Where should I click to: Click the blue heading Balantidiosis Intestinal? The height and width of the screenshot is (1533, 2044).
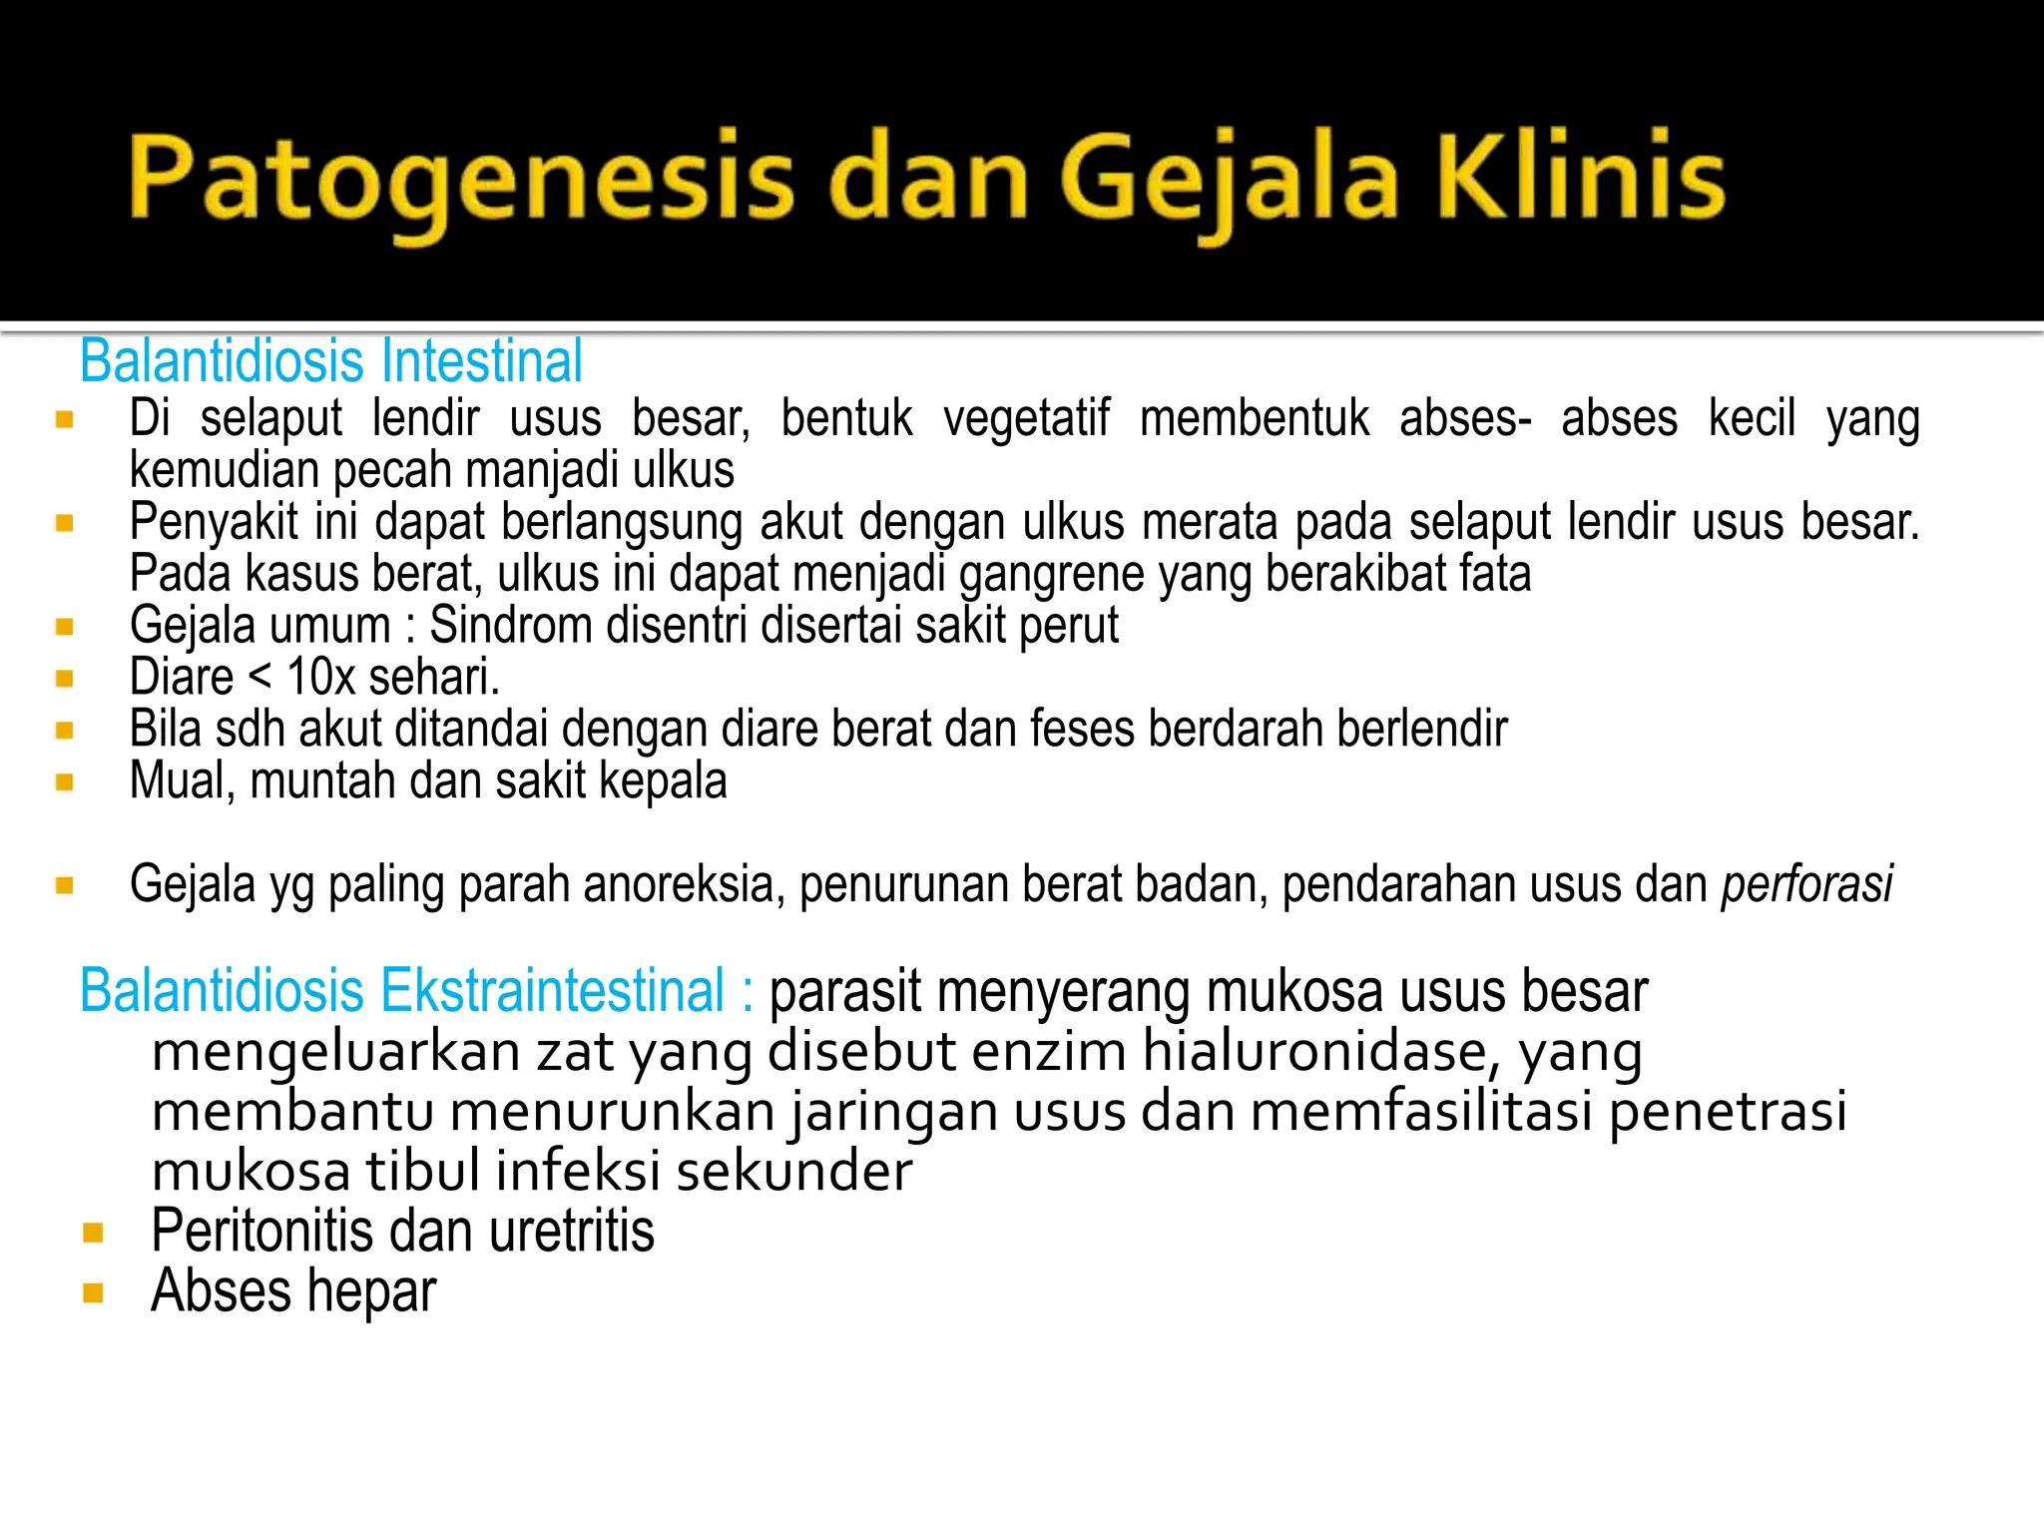[x=331, y=361]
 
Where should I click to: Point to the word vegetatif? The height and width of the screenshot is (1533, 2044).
[x=1026, y=418]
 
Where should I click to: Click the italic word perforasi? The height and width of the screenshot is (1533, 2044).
[x=1806, y=885]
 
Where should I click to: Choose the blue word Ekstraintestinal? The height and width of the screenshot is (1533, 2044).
[x=552, y=991]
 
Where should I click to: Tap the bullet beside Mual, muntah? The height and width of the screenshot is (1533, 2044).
[x=65, y=782]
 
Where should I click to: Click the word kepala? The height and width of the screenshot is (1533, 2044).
[x=663, y=781]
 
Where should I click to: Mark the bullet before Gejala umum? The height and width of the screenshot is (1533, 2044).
[x=65, y=627]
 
